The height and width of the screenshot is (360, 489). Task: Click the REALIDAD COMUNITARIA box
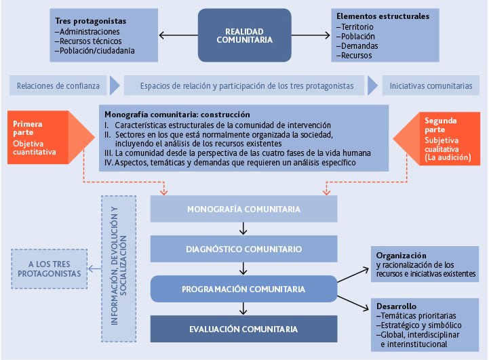(244, 35)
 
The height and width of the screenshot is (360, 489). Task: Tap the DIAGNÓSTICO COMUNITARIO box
(243, 249)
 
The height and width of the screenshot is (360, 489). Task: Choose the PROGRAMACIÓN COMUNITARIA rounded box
(243, 289)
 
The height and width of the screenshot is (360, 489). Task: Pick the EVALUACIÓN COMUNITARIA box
(243, 329)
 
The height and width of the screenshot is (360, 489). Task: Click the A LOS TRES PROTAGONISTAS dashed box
(50, 267)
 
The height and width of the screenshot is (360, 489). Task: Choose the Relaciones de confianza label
(58, 86)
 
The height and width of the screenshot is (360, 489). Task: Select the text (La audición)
(448, 157)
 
